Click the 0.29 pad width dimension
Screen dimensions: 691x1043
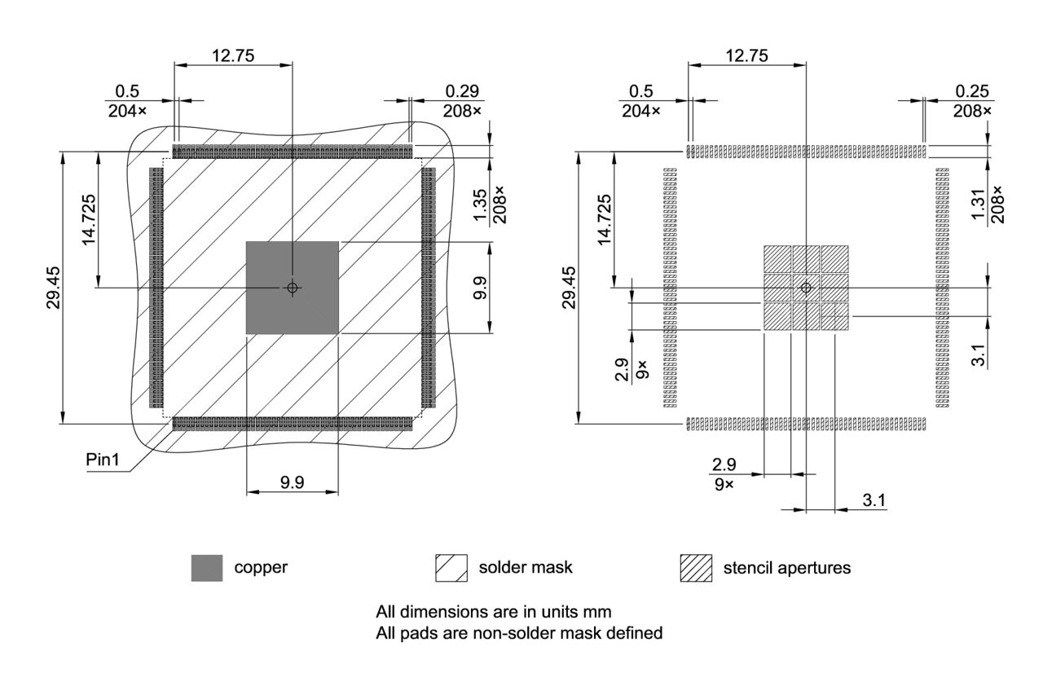pos(463,90)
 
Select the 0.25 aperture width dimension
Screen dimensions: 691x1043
pos(972,90)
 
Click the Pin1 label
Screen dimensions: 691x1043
pos(103,460)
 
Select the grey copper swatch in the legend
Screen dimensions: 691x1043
pos(207,568)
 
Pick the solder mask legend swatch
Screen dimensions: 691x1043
pos(451,568)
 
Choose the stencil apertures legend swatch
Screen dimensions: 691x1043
pos(696,568)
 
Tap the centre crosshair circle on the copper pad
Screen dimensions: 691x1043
pos(292,287)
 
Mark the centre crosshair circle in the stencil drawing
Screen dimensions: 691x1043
pos(806,287)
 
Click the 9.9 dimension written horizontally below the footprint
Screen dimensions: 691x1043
pos(292,482)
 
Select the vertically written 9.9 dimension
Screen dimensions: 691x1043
pos(480,288)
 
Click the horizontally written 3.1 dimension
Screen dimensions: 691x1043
pos(874,500)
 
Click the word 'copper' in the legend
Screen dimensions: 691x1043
pos(261,568)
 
